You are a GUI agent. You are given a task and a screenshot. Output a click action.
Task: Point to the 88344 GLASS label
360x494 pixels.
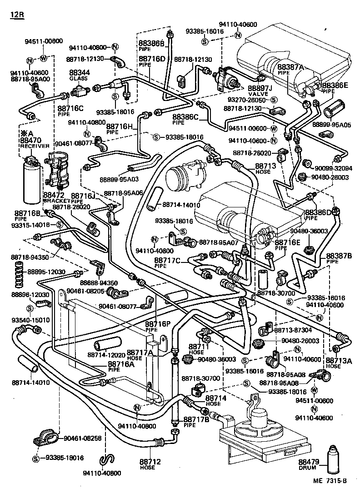point(79,75)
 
